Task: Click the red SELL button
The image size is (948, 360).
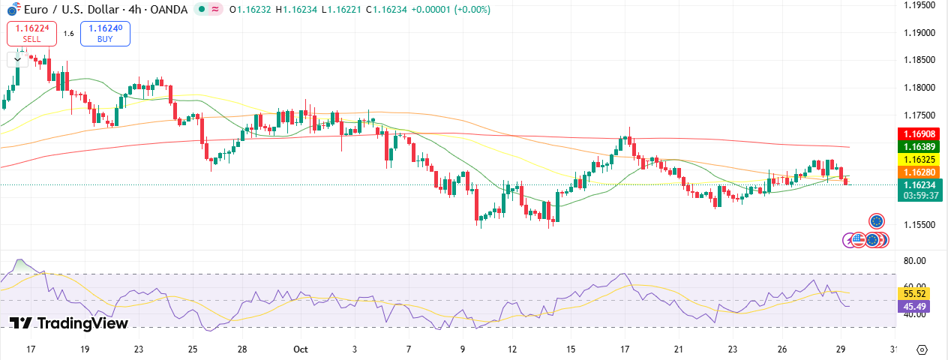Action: pyautogui.click(x=32, y=33)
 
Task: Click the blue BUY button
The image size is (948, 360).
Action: pyautogui.click(x=105, y=33)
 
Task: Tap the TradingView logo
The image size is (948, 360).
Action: pyautogui.click(x=69, y=323)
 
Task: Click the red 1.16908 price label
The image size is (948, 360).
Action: pyautogui.click(x=919, y=133)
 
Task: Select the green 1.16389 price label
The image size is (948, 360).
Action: pyautogui.click(x=919, y=147)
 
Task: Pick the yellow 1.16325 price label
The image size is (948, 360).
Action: pyautogui.click(x=919, y=160)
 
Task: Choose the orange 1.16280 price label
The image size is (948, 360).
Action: pyautogui.click(x=919, y=172)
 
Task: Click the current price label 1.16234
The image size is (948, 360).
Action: pyautogui.click(x=919, y=185)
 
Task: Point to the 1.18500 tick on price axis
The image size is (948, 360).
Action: pyautogui.click(x=919, y=60)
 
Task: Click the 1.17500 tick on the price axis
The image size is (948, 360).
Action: pyautogui.click(x=919, y=115)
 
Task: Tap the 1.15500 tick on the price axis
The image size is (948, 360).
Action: pyautogui.click(x=919, y=225)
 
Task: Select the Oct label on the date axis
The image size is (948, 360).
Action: pyautogui.click(x=301, y=349)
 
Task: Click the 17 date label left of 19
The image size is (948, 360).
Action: pyautogui.click(x=31, y=349)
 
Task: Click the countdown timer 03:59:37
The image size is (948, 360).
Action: pyautogui.click(x=919, y=196)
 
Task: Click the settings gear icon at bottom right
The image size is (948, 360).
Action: pyautogui.click(x=922, y=350)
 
